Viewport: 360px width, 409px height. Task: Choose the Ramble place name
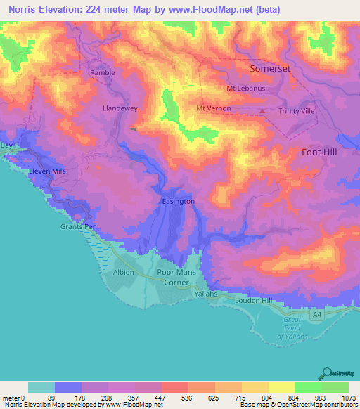[x=103, y=72]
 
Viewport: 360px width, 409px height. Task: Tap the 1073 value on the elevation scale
[x=348, y=397]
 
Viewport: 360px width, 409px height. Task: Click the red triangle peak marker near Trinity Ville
[x=262, y=110]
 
